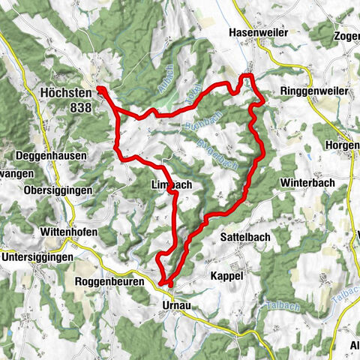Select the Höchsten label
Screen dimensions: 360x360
point(65,94)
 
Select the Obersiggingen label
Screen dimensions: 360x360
point(58,190)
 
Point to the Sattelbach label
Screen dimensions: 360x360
point(245,236)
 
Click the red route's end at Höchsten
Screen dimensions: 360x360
point(100,89)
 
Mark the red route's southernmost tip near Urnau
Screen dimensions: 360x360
point(165,283)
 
